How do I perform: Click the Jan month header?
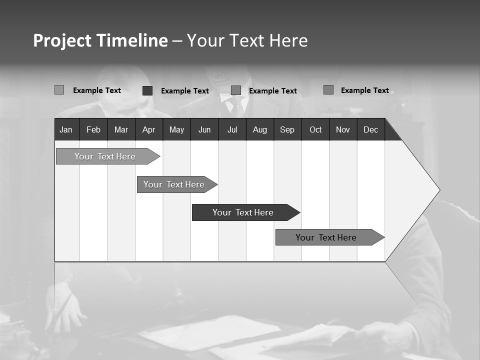(66, 129)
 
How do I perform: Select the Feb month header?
(93, 129)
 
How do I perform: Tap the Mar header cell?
(121, 129)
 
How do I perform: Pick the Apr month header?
(148, 129)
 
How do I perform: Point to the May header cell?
(176, 129)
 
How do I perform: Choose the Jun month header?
(204, 129)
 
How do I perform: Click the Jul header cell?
(232, 129)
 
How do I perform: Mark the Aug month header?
(260, 129)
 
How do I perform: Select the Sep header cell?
(287, 129)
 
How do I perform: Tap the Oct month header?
(315, 129)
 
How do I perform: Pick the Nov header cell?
(343, 129)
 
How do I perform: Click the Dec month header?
(371, 129)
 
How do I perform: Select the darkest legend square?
(147, 90)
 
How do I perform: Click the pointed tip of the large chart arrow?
(438, 190)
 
